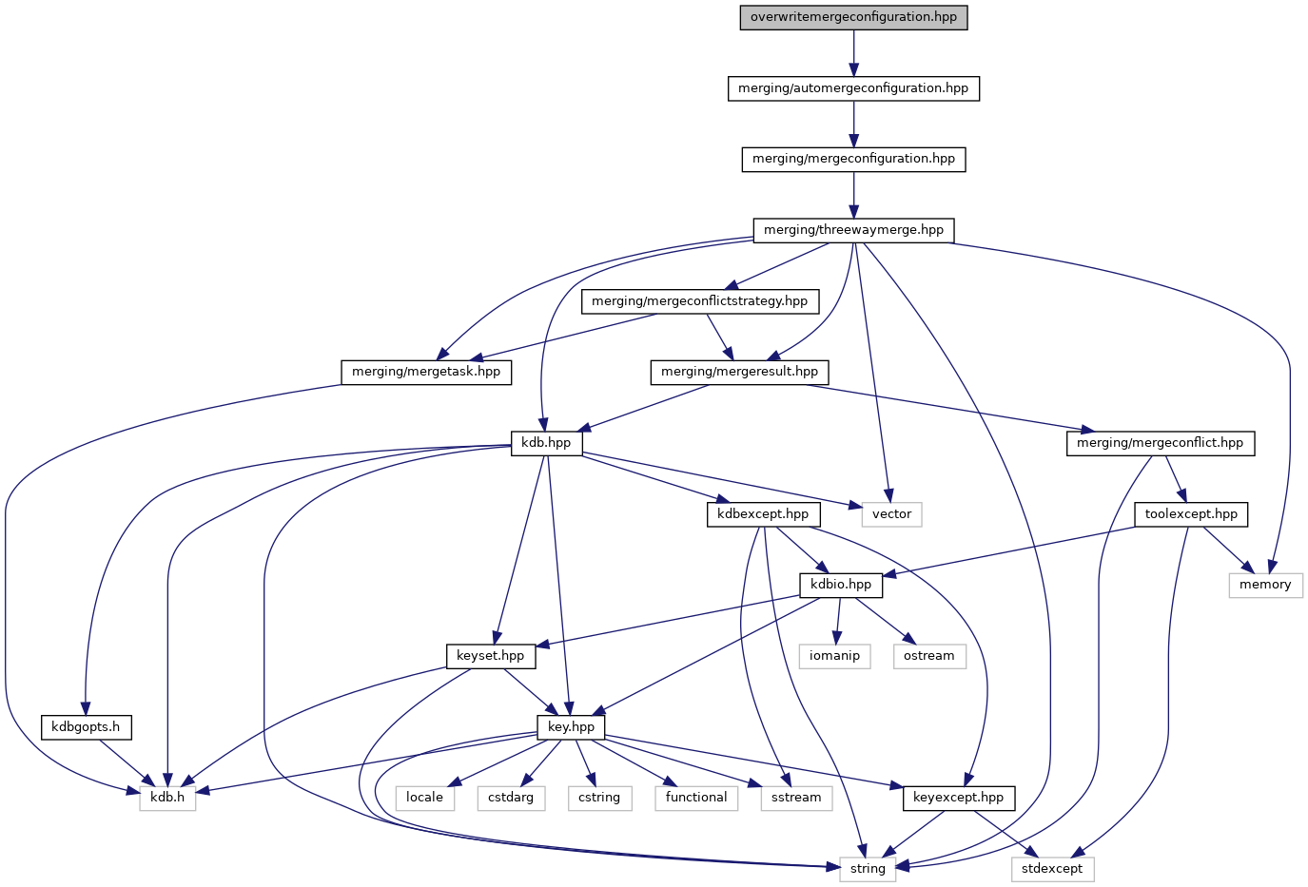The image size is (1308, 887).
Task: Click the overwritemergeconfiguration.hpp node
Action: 853,17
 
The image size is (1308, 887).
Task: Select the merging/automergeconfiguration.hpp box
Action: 853,88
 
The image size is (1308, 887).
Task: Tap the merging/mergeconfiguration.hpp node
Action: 853,159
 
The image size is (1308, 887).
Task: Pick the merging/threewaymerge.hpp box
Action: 853,230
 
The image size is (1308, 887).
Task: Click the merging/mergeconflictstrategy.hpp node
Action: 699,301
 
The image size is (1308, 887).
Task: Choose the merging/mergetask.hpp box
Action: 426,372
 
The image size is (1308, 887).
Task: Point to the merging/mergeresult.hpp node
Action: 739,372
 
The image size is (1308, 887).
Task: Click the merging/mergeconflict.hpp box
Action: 1160,443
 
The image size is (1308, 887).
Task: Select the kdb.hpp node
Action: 546,443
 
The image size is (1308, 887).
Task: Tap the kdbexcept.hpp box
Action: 763,514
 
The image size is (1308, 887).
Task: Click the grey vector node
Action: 891,514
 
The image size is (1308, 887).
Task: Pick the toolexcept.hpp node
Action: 1191,514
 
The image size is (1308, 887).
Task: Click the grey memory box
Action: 1264,585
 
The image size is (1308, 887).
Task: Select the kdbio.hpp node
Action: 841,585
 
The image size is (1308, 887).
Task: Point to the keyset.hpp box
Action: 490,656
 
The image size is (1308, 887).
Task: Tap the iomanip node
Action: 834,656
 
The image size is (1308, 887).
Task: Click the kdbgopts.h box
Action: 86,727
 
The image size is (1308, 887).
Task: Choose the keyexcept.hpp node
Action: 958,798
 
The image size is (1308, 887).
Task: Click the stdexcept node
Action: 1052,869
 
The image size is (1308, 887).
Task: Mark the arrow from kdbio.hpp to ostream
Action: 884,621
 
